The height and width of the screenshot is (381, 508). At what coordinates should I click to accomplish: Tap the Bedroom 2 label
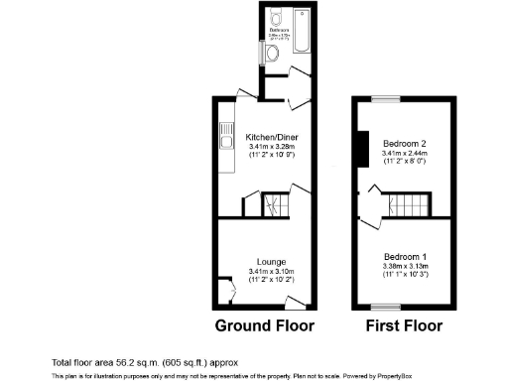pos(404,145)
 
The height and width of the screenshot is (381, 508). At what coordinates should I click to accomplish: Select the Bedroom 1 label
pos(404,257)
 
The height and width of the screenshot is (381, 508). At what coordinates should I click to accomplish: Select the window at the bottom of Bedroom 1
pos(387,305)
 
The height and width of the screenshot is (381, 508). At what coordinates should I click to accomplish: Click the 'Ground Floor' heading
pos(265,325)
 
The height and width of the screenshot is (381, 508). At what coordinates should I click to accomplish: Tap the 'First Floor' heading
pos(404,325)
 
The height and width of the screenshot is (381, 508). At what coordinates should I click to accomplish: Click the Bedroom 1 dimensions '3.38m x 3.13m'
pos(404,266)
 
